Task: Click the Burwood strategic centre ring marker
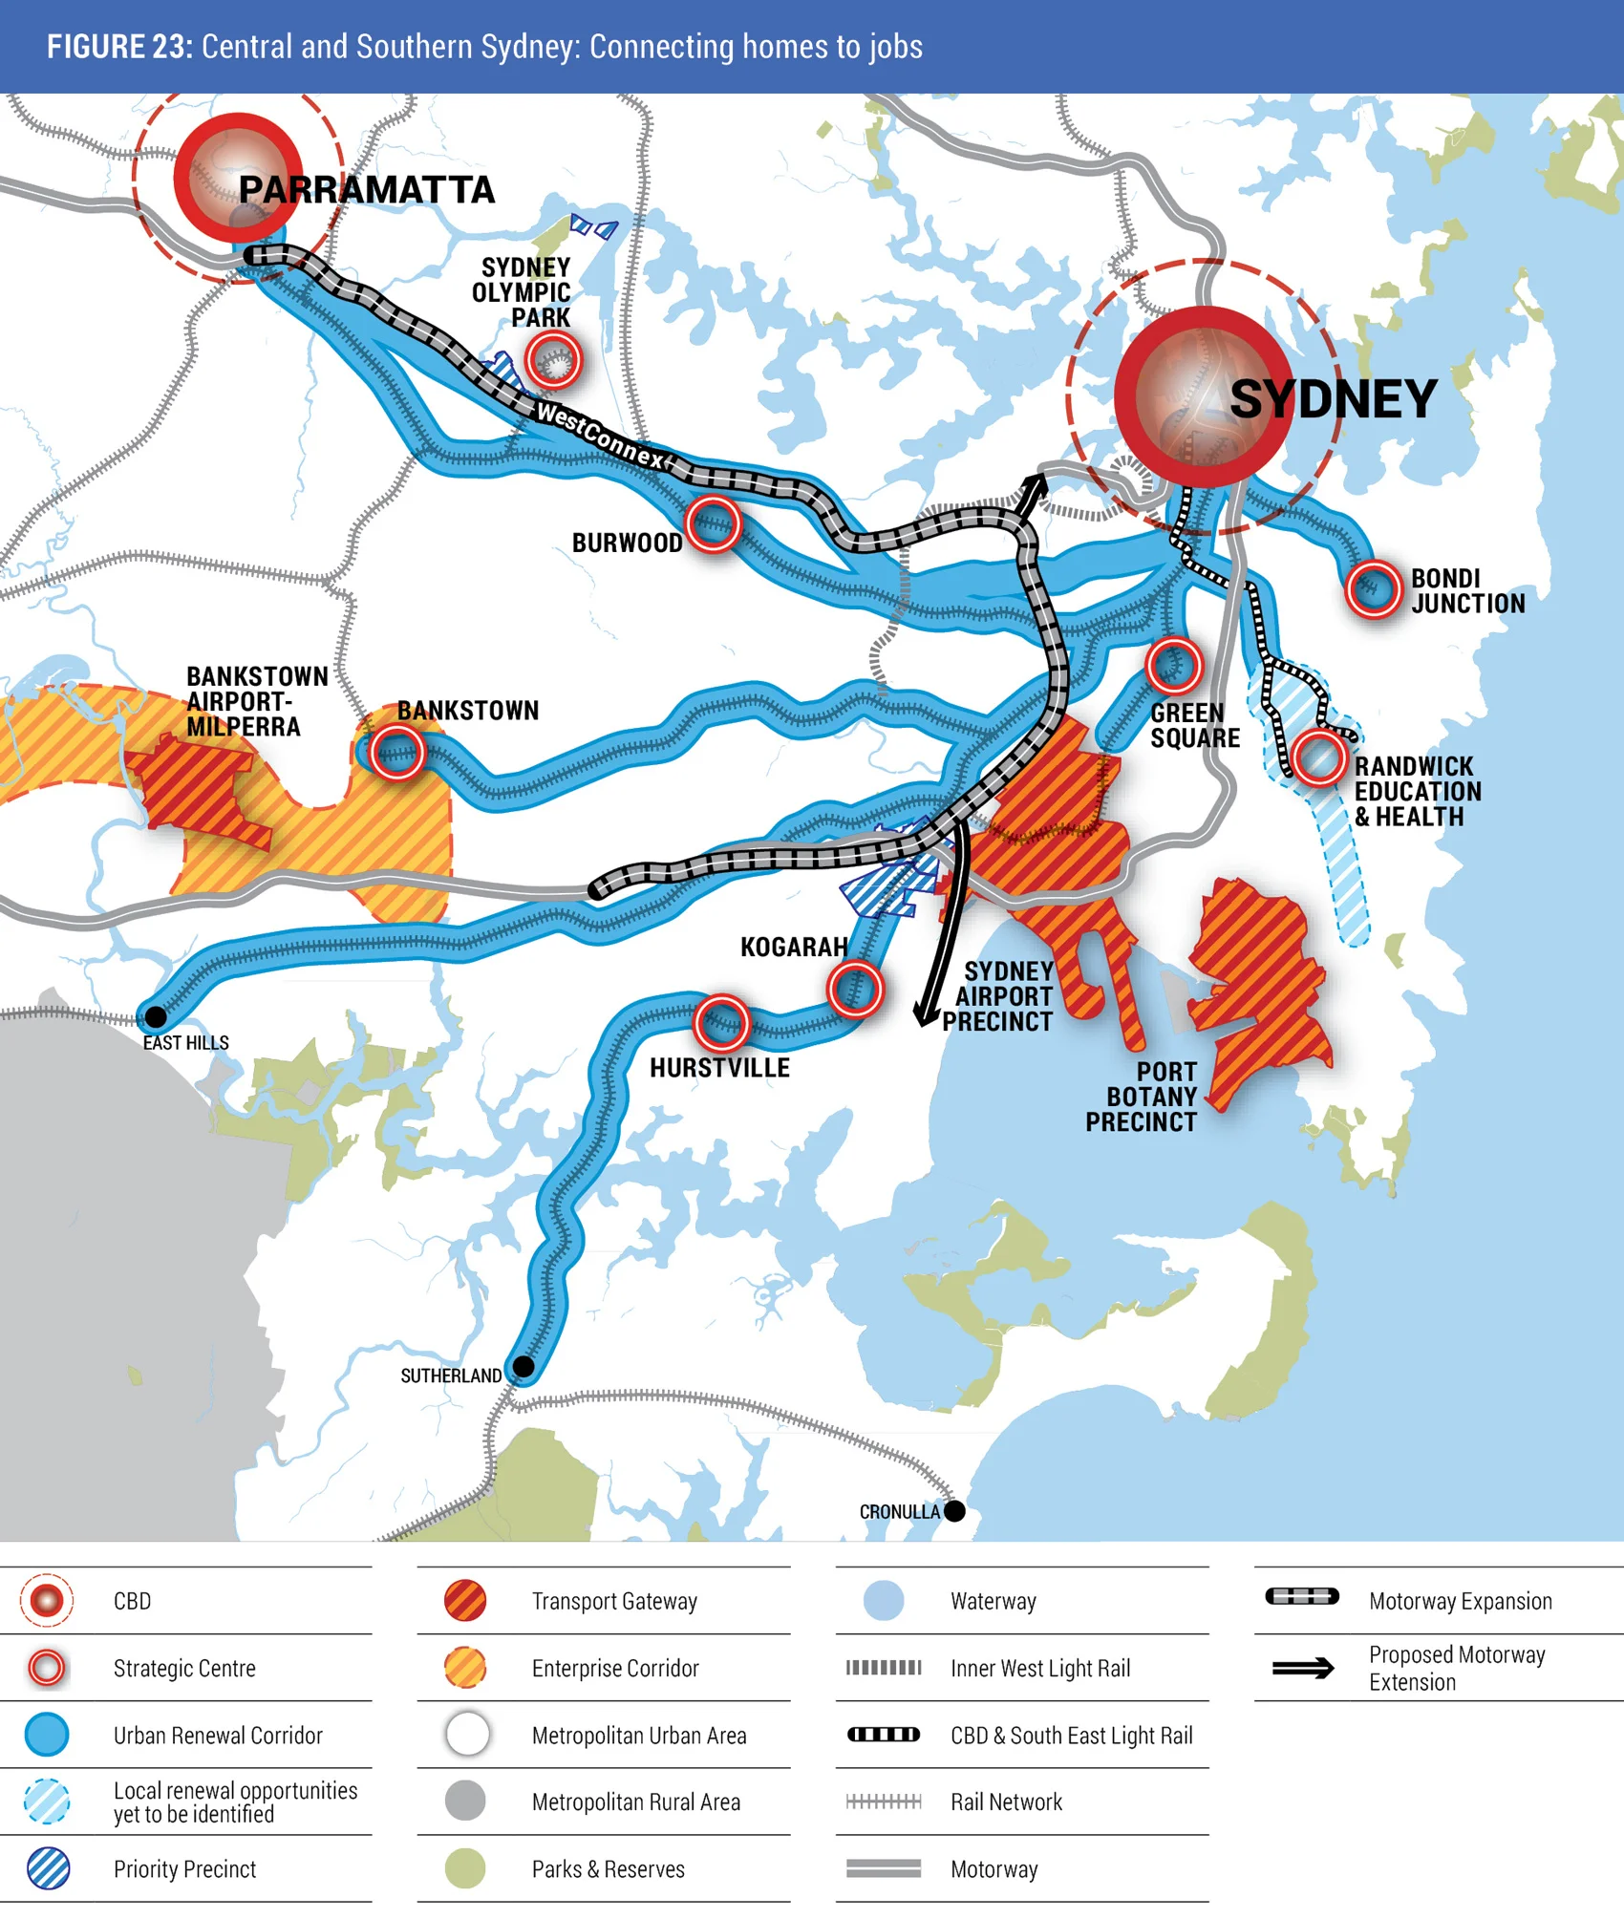[713, 523]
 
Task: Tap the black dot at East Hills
[155, 1017]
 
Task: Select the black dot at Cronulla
[954, 1511]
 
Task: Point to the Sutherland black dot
[524, 1367]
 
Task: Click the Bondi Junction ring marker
[1373, 589]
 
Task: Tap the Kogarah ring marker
[855, 990]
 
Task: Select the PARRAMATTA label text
[367, 190]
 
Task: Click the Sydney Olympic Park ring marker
[553, 361]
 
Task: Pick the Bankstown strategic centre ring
[396, 753]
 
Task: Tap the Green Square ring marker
[1173, 666]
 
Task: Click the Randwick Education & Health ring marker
[1319, 758]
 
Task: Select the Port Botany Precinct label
[1142, 1097]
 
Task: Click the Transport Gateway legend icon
[465, 1601]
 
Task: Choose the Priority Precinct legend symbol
[48, 1869]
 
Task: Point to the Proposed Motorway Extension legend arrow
[1303, 1669]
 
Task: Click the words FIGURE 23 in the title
[120, 47]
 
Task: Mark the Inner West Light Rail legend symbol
[884, 1668]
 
